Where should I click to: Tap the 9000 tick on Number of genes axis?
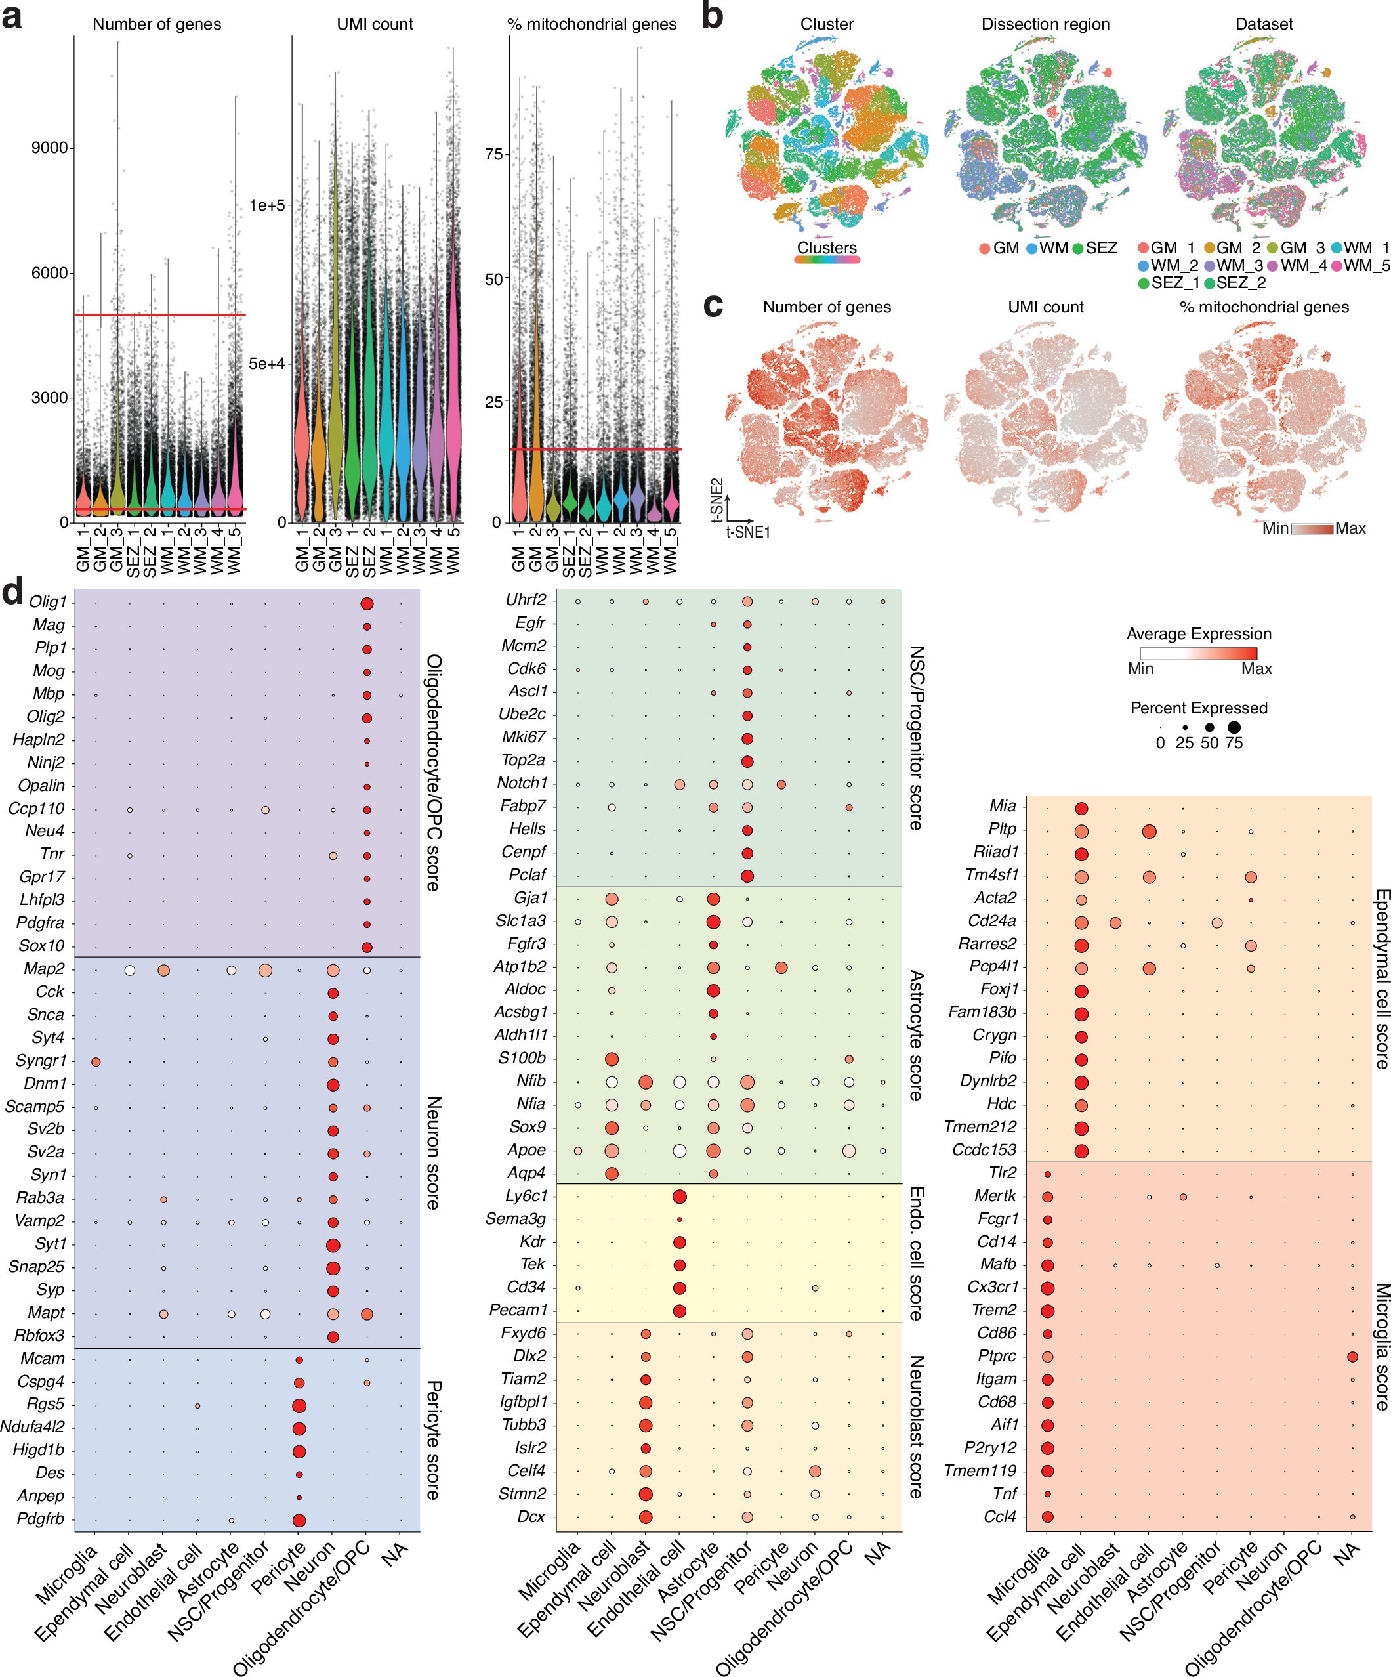pos(49,148)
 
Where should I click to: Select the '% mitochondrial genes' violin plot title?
pos(592,24)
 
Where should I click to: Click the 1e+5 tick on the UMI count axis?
pos(266,206)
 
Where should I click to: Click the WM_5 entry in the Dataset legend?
pos(1366,265)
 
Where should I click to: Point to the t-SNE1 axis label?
pos(747,532)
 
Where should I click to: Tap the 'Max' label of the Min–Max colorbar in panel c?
pos(1350,528)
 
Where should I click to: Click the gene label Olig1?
pos(48,602)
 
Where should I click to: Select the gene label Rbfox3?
pos(40,1335)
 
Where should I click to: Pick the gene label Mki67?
pos(524,737)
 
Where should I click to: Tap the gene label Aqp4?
pos(526,1173)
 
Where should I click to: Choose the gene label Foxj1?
pos(998,989)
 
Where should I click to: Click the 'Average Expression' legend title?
pos(1199,634)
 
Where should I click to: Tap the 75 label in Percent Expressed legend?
pos(1234,744)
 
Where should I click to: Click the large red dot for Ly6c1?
pos(680,1197)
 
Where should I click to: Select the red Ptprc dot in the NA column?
pos(1352,1357)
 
